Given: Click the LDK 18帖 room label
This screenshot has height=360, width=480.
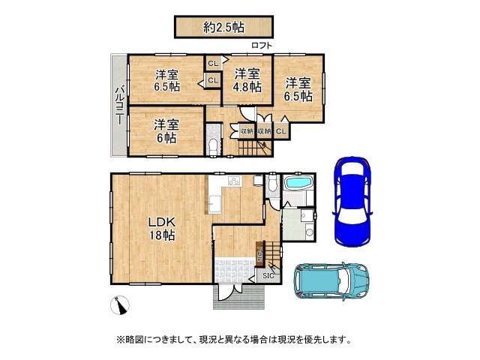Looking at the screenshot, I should coord(160,229).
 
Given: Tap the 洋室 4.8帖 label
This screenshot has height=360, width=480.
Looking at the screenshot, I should coord(247,80).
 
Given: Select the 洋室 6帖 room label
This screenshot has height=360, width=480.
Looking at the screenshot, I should coord(166,131).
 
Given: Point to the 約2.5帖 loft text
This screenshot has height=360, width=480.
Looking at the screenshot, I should coord(223,27).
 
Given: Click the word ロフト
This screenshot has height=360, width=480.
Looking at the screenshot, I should coord(262,46).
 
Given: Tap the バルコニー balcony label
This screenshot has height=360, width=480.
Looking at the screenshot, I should coord(119,105).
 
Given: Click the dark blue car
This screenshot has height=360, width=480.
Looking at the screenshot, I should coord(352,200).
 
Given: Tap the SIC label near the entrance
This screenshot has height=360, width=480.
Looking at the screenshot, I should coord(268,276).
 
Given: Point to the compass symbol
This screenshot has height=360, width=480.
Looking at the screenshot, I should coord(119,305).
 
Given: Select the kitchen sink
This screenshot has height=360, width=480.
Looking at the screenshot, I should coord(214,202).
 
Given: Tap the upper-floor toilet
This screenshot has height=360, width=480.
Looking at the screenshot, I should coord(214,144).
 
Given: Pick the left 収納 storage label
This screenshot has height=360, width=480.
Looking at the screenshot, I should coord(247,132).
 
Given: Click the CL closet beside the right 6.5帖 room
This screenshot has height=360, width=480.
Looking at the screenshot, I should coord(280,132).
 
